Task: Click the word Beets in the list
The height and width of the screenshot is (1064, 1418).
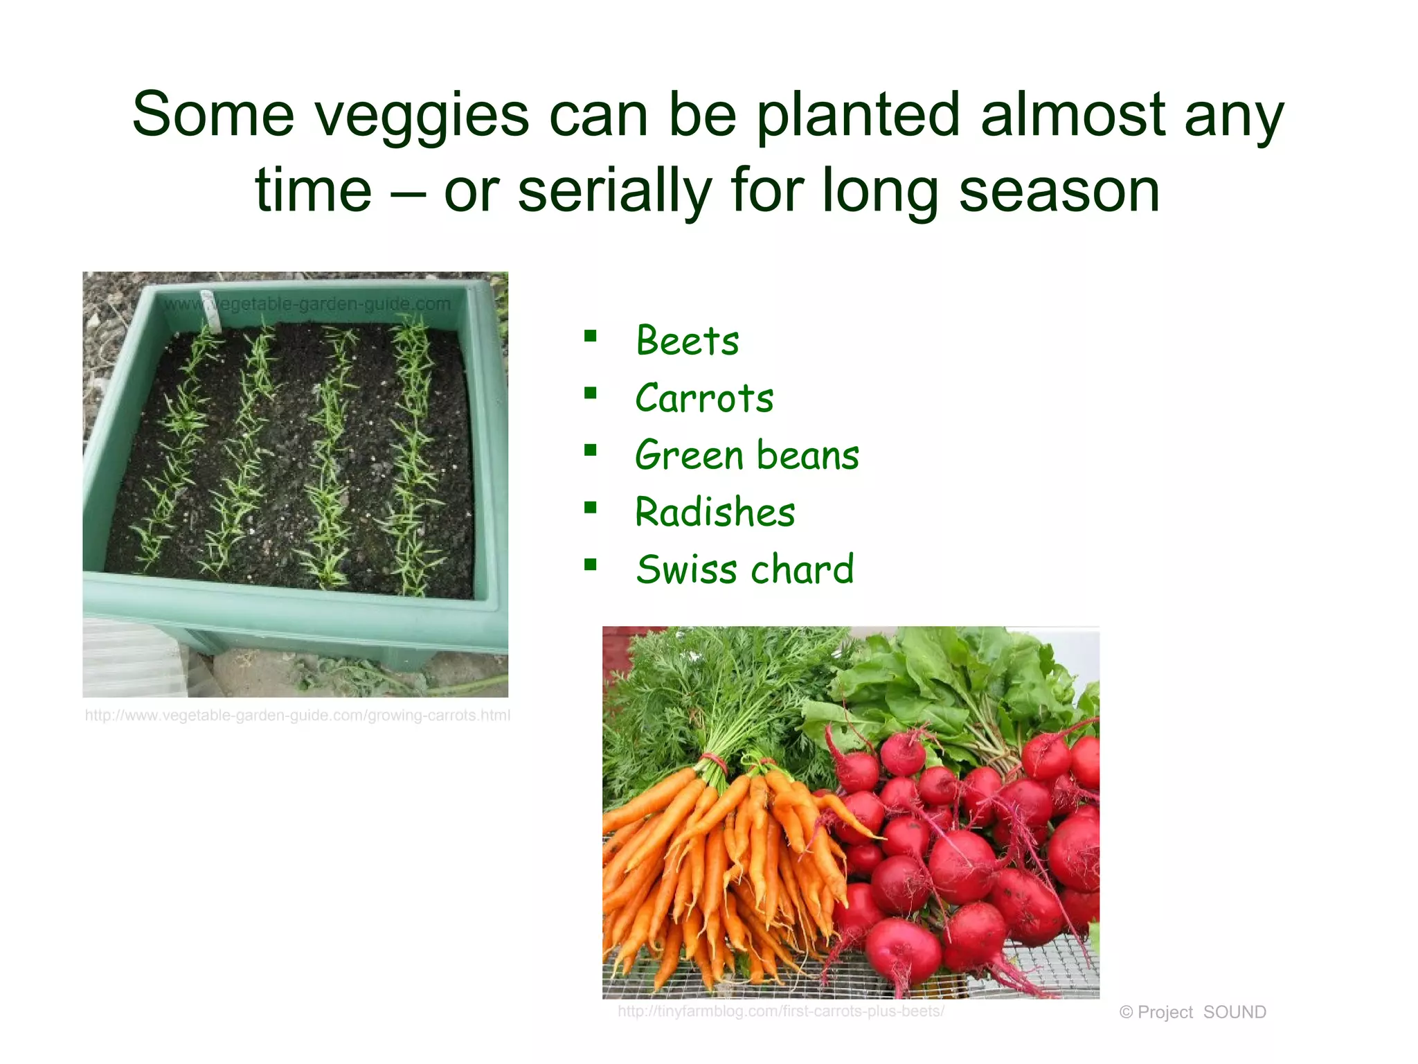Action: (x=687, y=341)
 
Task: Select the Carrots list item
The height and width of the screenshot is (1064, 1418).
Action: (x=704, y=398)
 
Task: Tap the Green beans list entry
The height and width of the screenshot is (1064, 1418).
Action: (x=746, y=456)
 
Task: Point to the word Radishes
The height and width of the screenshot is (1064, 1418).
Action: (x=715, y=513)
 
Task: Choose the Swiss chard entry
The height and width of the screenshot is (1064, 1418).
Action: (x=744, y=569)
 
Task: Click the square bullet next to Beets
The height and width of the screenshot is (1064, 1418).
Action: (x=590, y=337)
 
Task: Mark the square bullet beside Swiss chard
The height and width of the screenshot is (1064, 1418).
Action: (x=590, y=565)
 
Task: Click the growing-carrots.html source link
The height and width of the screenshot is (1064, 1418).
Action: (x=297, y=716)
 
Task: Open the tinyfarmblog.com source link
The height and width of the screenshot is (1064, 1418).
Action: (x=780, y=1011)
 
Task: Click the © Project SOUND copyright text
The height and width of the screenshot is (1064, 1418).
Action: (x=1192, y=1012)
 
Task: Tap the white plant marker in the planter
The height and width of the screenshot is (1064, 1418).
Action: (x=210, y=311)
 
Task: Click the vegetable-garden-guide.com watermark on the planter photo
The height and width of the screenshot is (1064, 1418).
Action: (x=308, y=303)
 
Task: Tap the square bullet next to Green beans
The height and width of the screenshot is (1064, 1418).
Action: (x=590, y=451)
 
